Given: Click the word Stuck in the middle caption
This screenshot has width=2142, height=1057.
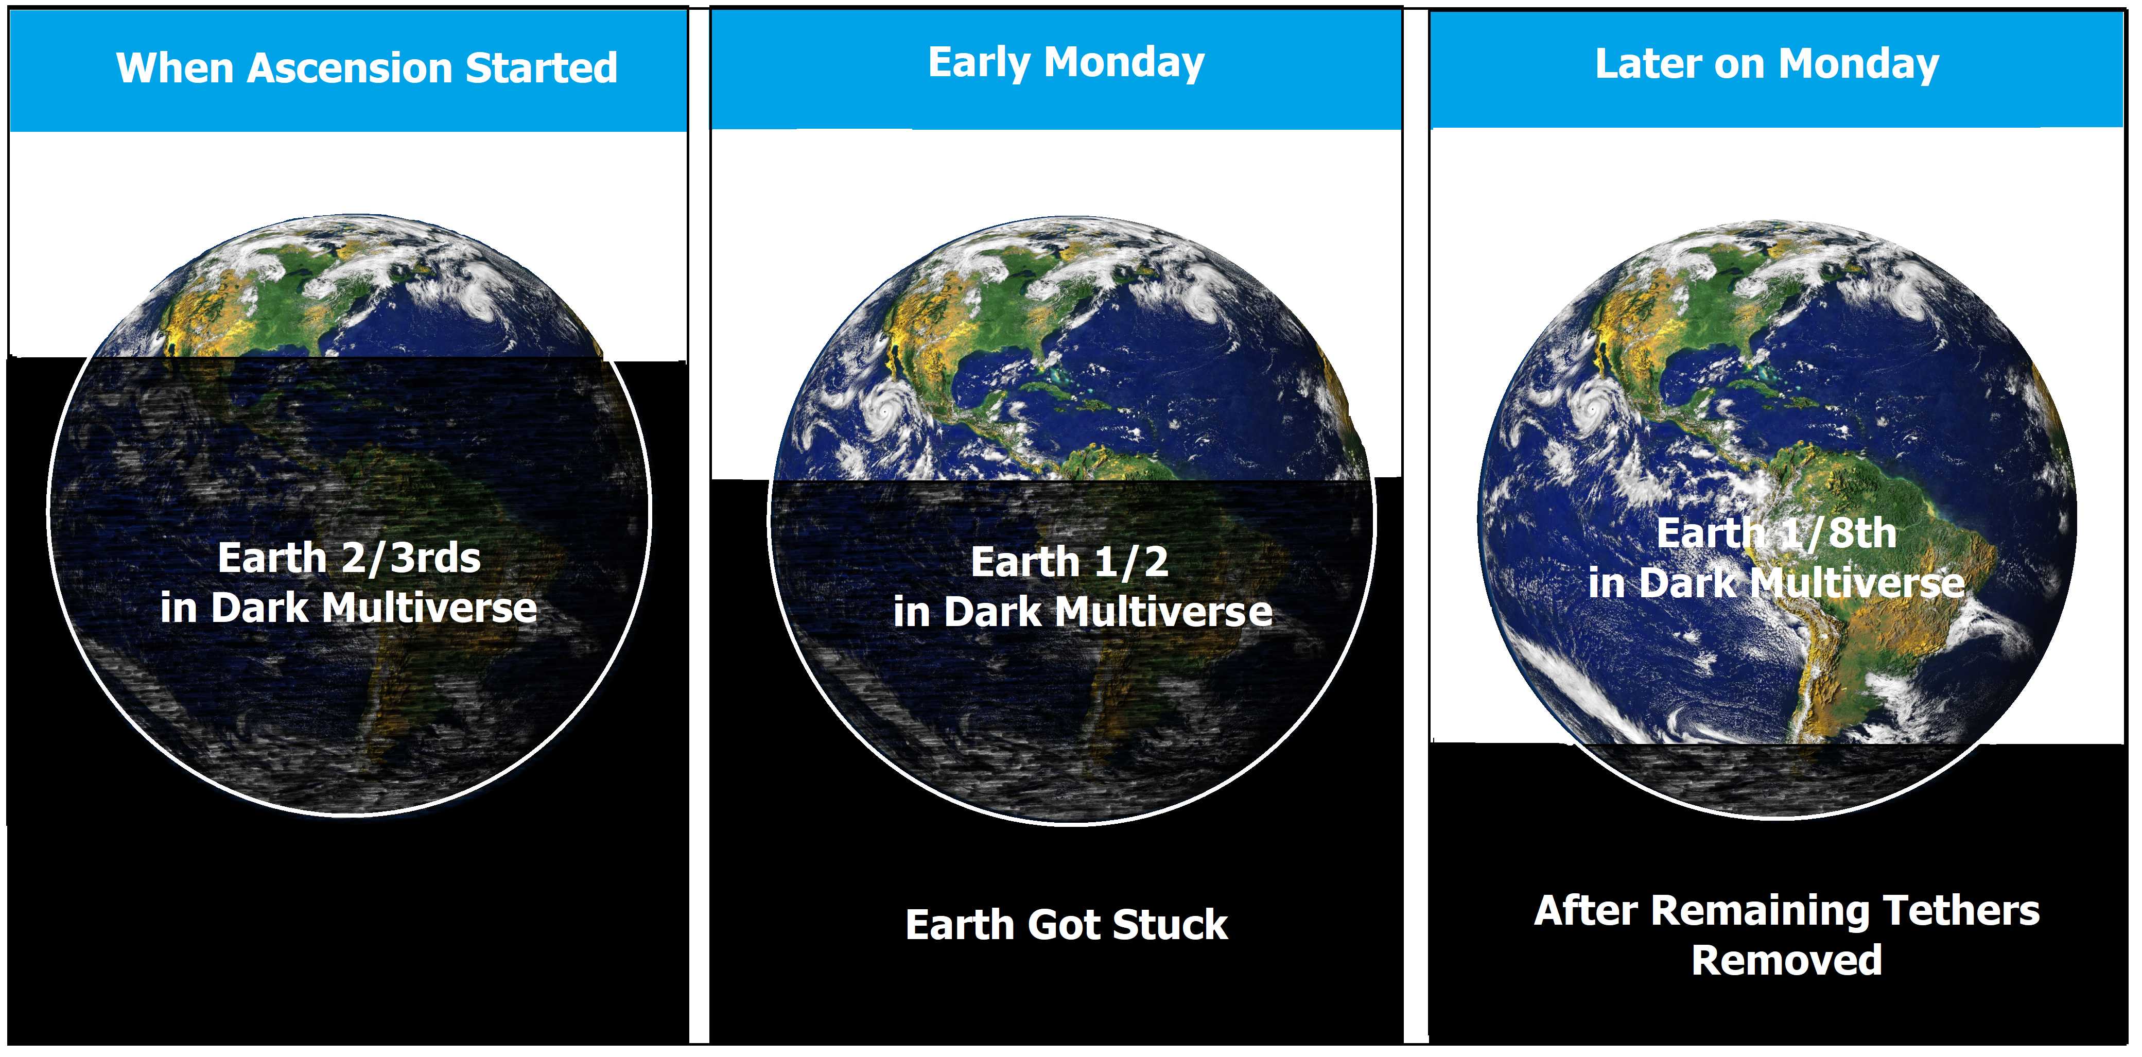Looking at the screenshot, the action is (x=1170, y=925).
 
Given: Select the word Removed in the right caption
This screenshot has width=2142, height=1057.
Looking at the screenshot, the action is (x=1786, y=961).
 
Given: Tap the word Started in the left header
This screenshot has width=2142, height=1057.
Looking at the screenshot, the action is (x=542, y=67).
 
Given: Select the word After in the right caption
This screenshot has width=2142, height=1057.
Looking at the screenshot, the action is (x=1588, y=911).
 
